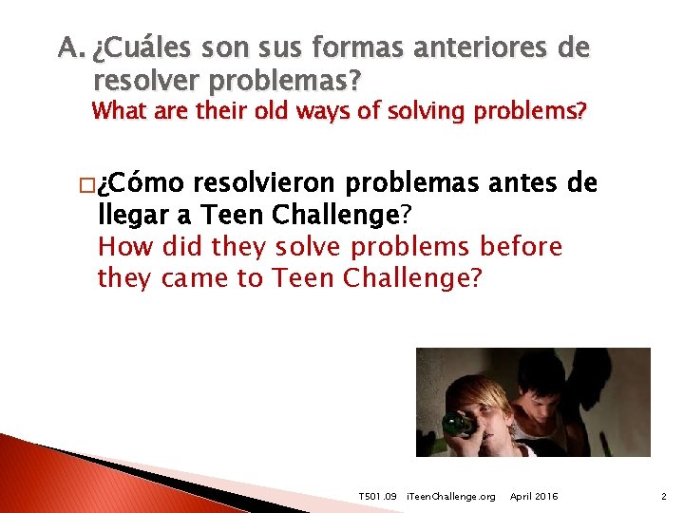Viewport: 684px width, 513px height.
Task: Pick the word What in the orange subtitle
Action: pyautogui.click(x=119, y=111)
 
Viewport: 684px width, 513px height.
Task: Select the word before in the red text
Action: pyautogui.click(x=522, y=247)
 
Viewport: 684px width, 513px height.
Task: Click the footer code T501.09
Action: pyautogui.click(x=377, y=497)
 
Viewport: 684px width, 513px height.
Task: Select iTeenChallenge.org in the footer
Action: pyautogui.click(x=450, y=497)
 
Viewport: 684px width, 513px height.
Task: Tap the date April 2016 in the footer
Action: pyautogui.click(x=534, y=497)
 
